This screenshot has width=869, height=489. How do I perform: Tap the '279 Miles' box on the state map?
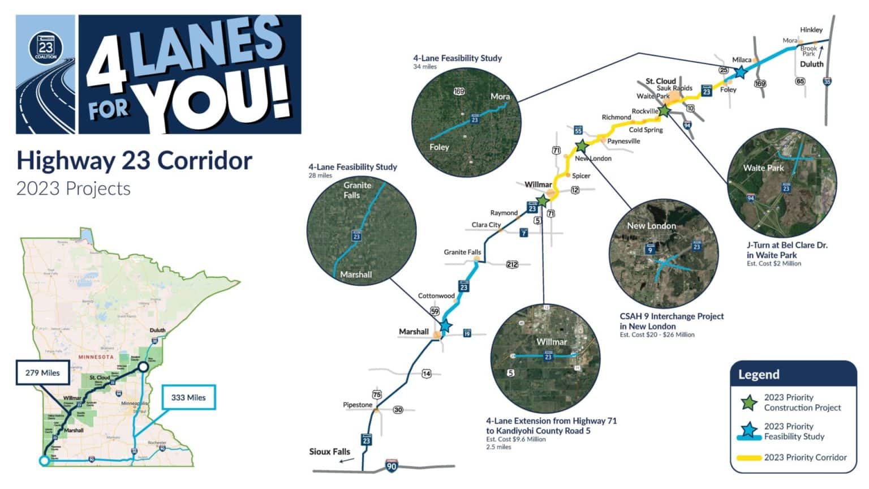[42, 372]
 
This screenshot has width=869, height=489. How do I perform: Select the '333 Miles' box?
[188, 397]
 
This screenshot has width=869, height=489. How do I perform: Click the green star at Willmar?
[543, 201]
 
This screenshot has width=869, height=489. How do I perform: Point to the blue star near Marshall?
[445, 325]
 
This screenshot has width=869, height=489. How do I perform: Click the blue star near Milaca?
[739, 72]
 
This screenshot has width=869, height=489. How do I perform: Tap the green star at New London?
[581, 146]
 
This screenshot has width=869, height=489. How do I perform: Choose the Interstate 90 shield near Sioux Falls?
[391, 466]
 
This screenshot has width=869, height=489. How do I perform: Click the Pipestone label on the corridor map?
[358, 405]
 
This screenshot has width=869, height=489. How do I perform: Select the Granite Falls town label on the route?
[462, 252]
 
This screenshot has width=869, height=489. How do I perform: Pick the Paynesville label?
[623, 141]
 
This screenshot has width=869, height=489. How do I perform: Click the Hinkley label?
[811, 29]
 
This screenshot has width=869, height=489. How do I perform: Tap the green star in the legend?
[749, 402]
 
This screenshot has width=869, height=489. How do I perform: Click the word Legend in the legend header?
[759, 375]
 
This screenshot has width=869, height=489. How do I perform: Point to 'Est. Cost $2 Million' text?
[773, 263]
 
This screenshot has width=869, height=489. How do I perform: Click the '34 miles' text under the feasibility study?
[425, 67]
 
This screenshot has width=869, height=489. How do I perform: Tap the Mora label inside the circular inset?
[500, 96]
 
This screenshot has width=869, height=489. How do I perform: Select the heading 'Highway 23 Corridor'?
[134, 161]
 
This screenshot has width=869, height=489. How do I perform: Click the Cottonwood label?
[436, 295]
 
